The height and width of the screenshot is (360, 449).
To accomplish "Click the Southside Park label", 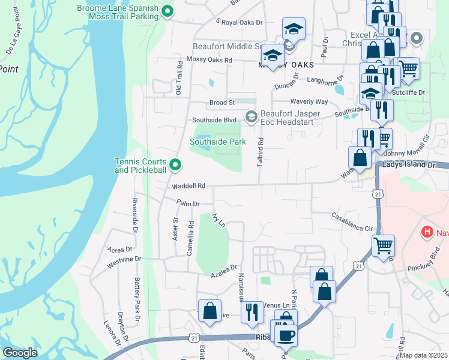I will coord(218,142).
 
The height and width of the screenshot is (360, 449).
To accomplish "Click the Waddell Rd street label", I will coord(189,186).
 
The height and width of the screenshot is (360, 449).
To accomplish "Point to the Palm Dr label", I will coord(187,204).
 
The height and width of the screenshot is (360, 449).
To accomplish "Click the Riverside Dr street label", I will coord(135,215).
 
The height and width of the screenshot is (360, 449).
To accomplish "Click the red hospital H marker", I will coord(427,232).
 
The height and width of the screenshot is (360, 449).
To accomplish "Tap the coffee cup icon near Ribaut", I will coord(286,334).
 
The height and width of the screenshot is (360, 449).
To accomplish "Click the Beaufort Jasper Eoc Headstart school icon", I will coord(252,117).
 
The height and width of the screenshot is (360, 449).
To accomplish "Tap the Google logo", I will coord(20,353).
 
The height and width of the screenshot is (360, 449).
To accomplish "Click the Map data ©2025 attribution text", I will coord(423,355).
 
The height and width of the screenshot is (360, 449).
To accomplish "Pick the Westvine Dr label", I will coord(124,260).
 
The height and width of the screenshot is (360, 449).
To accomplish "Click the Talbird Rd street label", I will coord(261,153).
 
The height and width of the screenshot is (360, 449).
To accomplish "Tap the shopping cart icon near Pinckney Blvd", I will coord(384,245).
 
